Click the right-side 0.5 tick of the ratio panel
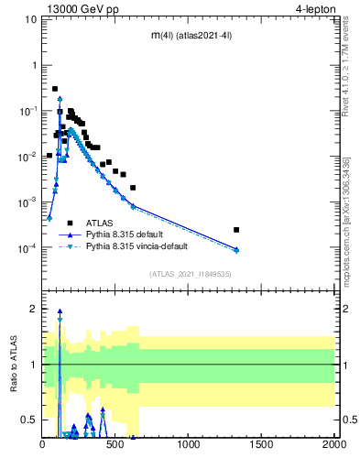pos(345,420)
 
